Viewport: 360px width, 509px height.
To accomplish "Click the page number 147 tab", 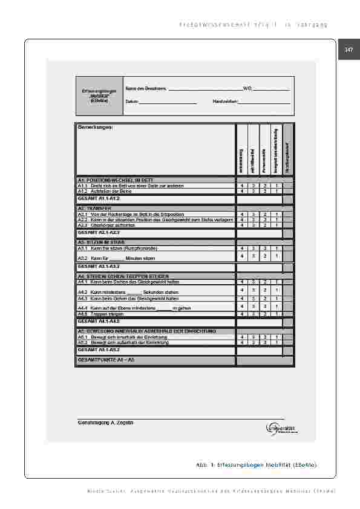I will (349, 50).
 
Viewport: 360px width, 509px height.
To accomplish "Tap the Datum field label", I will (132, 102).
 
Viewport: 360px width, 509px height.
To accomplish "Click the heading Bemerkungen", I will (96, 127).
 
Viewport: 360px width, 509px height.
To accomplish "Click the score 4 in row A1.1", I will (242, 186).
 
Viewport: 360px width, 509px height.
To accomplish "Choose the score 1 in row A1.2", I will (276, 190).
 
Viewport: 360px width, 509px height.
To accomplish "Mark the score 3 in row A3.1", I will (254, 248).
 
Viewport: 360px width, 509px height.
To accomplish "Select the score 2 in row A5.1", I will (265, 337).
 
